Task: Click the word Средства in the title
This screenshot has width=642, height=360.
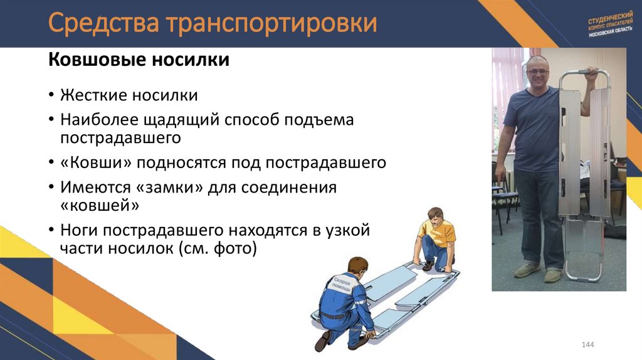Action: [103, 24]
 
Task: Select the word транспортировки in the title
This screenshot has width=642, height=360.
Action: [271, 24]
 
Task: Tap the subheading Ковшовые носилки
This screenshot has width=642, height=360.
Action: [139, 61]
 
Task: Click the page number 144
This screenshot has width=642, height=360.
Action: [587, 345]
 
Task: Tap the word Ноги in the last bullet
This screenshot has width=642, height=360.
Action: [80, 230]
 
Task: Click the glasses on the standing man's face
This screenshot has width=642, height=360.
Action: [538, 71]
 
